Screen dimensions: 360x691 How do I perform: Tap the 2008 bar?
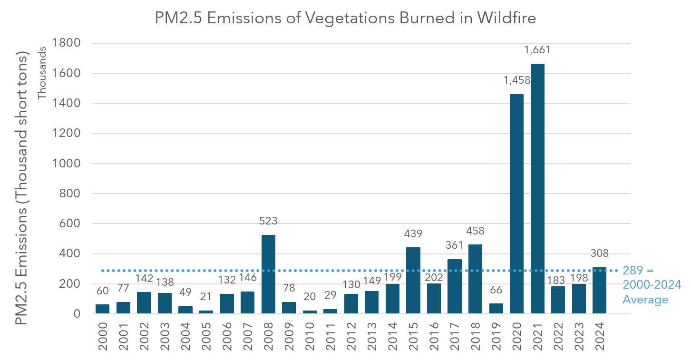click(268, 274)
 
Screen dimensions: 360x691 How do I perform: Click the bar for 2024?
click(599, 290)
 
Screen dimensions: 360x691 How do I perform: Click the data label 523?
click(268, 221)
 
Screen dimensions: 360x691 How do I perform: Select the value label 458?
click(475, 231)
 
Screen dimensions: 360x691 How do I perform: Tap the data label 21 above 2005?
click(206, 297)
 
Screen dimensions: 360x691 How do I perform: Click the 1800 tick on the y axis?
click(68, 43)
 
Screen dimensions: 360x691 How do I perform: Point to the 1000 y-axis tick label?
click(68, 164)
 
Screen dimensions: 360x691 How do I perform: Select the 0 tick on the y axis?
click(77, 314)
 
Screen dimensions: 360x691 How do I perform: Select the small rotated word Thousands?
click(42, 73)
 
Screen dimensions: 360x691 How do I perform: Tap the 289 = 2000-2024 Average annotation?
click(652, 285)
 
